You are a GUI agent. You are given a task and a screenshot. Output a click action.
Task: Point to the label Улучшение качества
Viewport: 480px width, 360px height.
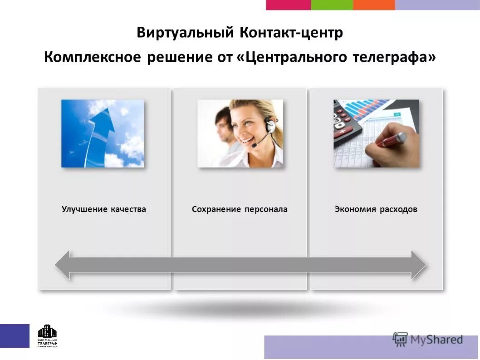104,209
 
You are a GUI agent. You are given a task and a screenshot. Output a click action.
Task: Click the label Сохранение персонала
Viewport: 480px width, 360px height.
240,209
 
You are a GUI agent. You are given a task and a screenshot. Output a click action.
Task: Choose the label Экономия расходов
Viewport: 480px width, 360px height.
376,209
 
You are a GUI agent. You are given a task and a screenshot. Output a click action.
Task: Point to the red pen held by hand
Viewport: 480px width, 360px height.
390,139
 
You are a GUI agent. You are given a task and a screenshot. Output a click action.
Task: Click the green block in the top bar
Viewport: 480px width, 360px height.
332,5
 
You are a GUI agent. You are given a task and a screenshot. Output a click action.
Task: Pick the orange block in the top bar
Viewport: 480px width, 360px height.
374,5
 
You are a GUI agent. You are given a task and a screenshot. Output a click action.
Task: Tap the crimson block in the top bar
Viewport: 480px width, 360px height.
288,5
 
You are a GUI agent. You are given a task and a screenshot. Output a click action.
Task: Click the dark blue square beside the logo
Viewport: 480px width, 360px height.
15,336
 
